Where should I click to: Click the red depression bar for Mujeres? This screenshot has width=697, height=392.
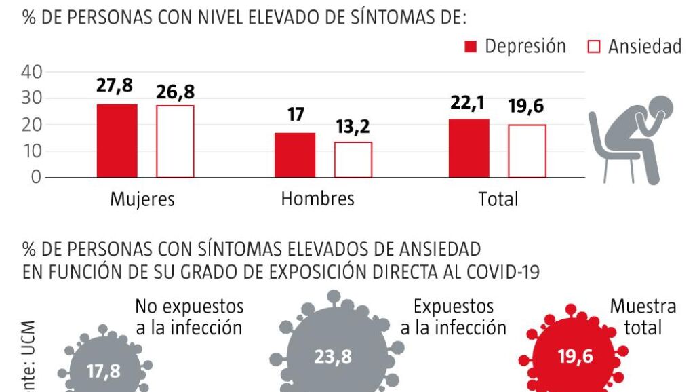[117, 140]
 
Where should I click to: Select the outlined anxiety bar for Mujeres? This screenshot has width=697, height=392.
[175, 141]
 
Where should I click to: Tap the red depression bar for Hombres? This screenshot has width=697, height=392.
[295, 155]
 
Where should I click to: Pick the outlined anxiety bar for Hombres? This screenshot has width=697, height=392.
[353, 159]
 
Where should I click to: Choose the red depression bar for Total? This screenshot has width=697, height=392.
[469, 148]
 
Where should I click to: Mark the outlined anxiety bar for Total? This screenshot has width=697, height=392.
[527, 151]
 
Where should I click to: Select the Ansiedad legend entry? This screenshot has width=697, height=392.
[634, 46]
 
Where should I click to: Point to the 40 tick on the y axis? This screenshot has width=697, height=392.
[33, 72]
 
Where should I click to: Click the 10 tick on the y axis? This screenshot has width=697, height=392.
[33, 151]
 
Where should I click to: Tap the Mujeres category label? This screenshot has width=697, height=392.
[142, 199]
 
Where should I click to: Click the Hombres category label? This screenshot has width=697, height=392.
[317, 199]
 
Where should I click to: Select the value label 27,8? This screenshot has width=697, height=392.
[115, 87]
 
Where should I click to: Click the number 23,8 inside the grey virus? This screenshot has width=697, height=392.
[333, 357]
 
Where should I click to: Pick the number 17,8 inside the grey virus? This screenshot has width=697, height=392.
[104, 371]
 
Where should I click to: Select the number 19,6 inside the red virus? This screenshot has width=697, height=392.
[576, 357]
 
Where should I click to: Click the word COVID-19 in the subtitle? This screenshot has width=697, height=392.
[503, 273]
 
